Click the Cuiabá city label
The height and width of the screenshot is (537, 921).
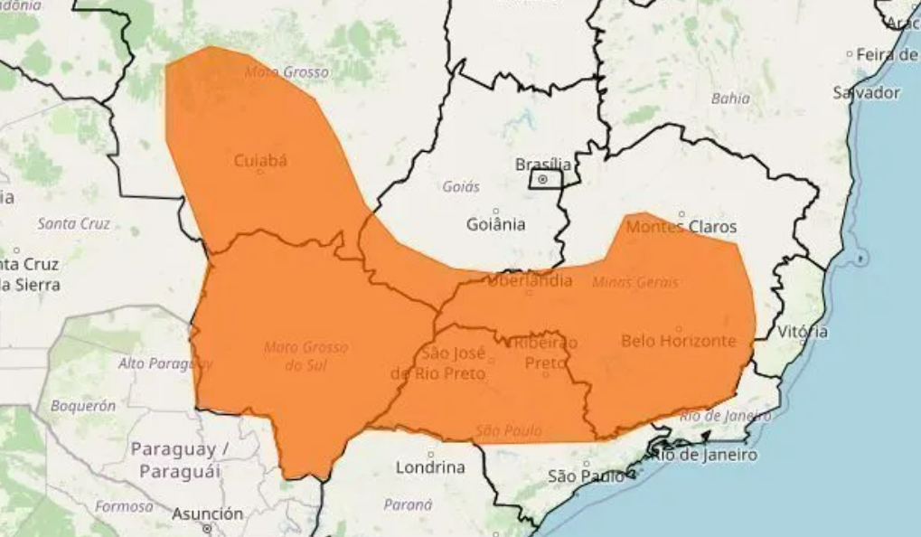260,161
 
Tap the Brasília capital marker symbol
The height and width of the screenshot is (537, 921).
542,180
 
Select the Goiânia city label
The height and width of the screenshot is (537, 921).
495,224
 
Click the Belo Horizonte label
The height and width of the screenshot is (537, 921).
678,341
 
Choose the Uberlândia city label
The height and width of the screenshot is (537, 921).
530,281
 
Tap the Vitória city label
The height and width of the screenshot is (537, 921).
802,332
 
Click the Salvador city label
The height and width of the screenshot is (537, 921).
866,92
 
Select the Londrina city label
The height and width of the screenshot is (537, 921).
430,467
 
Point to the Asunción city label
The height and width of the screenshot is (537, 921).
208,513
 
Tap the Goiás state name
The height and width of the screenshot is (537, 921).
461,187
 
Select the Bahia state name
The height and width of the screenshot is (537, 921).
730,99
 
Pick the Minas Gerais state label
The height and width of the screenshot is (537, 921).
634,282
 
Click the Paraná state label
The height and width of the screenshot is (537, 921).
409,504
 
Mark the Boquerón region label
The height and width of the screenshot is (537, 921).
83,406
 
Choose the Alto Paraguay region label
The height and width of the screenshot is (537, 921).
164,363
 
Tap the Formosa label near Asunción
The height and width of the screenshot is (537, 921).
124,506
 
